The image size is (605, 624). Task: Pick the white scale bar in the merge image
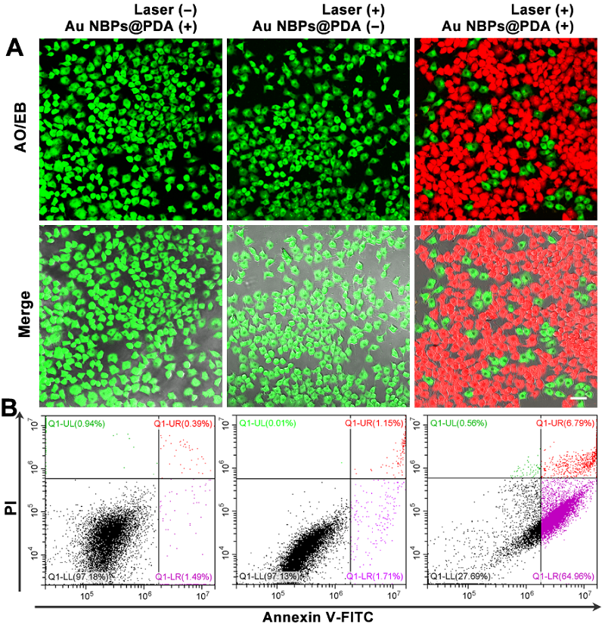click(579, 396)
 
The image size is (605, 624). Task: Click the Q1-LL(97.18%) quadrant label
click(78, 577)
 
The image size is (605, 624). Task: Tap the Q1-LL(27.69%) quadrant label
click(461, 577)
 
